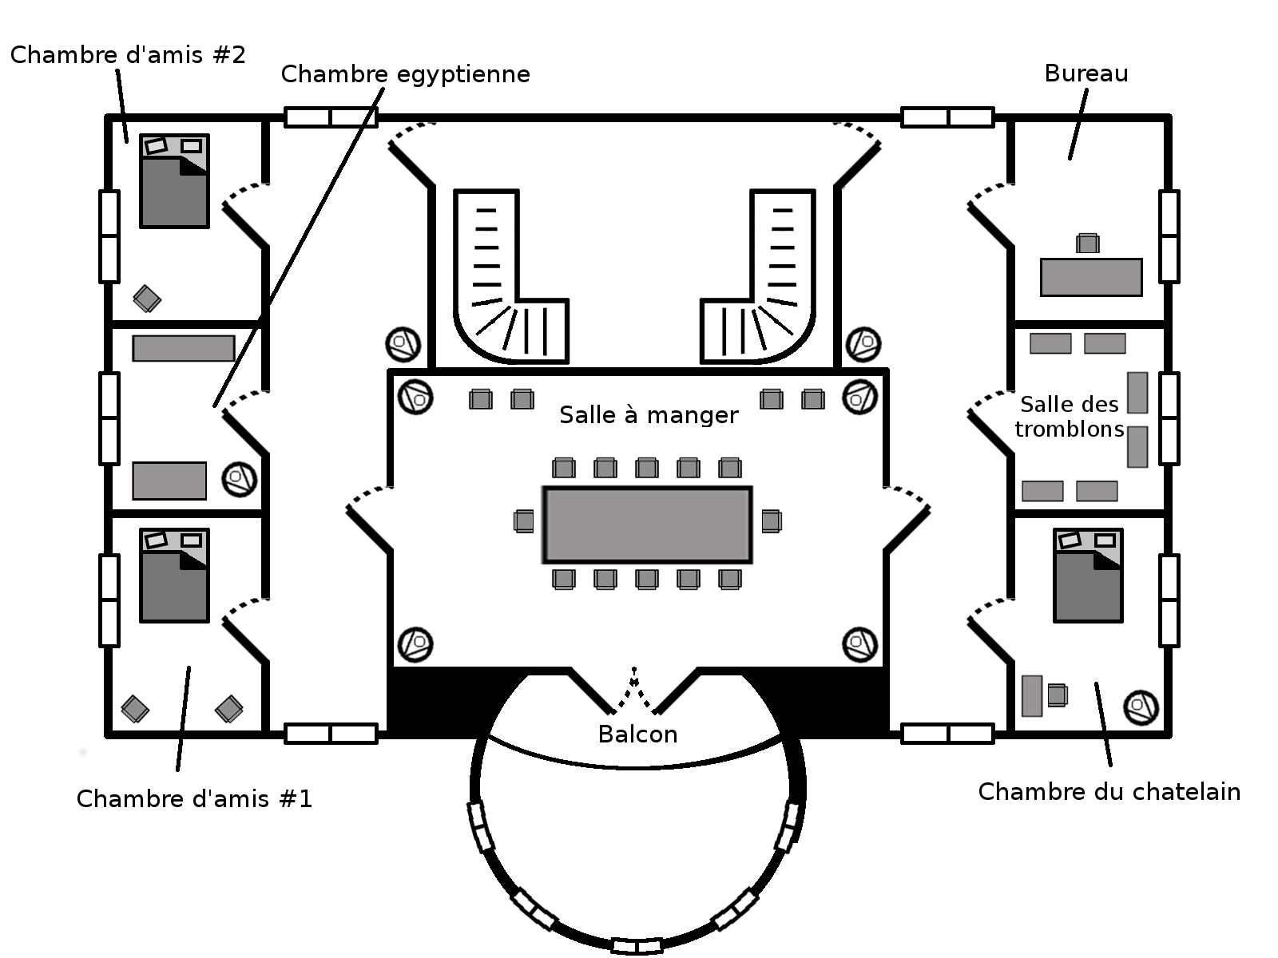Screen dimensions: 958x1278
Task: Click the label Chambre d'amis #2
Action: tap(128, 55)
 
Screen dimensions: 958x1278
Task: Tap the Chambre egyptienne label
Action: tap(405, 74)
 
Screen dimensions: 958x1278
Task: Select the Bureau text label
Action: tap(1086, 73)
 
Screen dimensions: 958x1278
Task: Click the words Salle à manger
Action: tap(649, 415)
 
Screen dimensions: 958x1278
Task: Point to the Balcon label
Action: tap(637, 734)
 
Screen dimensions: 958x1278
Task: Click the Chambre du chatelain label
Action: tap(1109, 792)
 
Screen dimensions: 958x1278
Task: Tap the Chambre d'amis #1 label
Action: tap(194, 798)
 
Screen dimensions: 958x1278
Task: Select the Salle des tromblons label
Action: tap(1070, 417)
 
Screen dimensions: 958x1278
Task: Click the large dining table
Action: tap(647, 525)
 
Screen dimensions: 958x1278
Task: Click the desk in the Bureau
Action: tap(1091, 277)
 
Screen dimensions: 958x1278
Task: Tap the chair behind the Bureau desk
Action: tap(1087, 243)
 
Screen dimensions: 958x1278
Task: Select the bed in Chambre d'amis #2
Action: tap(174, 181)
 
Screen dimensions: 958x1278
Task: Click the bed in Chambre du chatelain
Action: tap(1088, 575)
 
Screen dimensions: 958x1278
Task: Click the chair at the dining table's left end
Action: tap(524, 521)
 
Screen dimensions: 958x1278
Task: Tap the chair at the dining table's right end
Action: tap(771, 521)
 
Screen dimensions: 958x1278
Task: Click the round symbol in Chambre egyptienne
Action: tap(239, 478)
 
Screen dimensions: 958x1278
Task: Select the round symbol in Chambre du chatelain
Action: tap(1141, 707)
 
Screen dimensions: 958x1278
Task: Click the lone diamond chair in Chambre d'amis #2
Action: tap(147, 299)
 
